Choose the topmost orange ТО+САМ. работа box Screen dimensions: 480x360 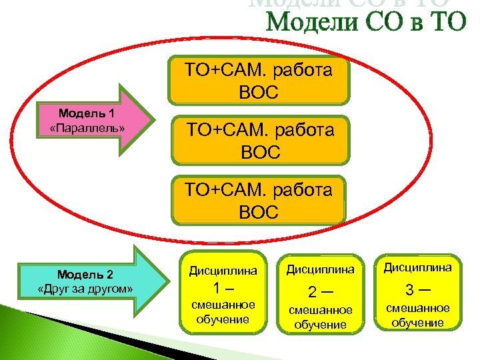(259, 80)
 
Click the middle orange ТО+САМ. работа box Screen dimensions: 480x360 (259, 141)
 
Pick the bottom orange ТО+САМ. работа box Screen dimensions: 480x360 (259, 200)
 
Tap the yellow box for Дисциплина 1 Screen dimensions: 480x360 (223, 291)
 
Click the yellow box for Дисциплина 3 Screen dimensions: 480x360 (417, 291)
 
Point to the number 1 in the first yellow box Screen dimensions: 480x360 (217, 289)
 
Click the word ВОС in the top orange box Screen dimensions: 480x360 (259, 91)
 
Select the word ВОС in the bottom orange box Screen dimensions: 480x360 (259, 213)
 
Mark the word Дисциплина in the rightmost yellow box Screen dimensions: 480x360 (417, 267)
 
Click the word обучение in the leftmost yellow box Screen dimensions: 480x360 (223, 319)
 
